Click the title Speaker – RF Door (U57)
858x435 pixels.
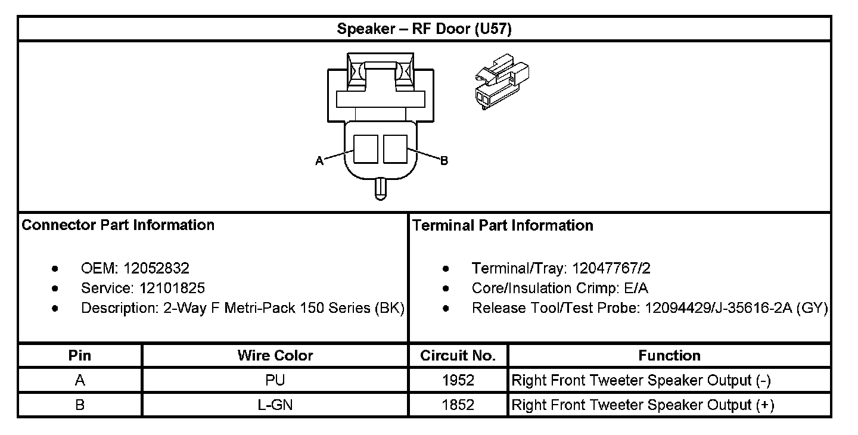(424, 29)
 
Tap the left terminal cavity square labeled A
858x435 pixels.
(366, 149)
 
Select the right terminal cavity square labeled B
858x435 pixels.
(395, 149)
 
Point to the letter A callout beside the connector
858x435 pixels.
(319, 161)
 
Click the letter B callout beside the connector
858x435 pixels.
(444, 161)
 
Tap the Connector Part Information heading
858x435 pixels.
(118, 225)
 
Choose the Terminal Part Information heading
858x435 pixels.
(502, 225)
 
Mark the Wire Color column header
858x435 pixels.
(275, 356)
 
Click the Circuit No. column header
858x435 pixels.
(458, 356)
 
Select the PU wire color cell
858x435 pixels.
(275, 380)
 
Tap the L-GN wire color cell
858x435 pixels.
(275, 405)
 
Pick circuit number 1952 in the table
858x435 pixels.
(458, 380)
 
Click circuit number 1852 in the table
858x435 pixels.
(458, 405)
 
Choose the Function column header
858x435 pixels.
(669, 356)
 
